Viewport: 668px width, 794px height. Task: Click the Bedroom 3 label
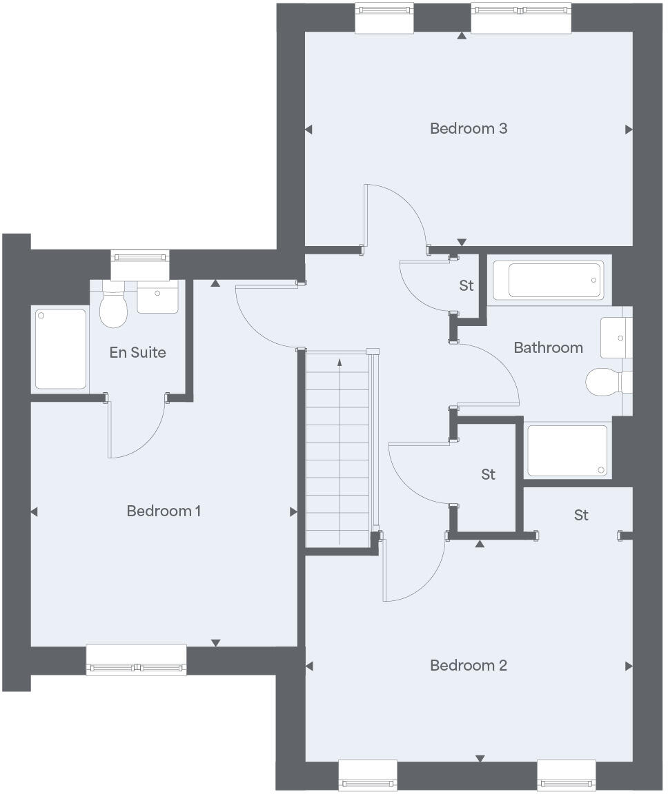[469, 128]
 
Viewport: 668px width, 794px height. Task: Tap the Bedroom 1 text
[164, 511]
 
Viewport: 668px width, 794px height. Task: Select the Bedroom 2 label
[469, 665]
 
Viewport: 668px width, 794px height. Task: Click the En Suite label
[138, 352]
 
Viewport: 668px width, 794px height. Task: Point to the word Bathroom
[548, 347]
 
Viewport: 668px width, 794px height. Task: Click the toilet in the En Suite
[114, 308]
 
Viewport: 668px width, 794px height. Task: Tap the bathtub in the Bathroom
[556, 281]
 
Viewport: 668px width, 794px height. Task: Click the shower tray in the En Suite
[61, 349]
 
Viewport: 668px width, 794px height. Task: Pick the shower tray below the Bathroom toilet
[567, 451]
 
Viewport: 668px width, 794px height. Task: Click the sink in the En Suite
[158, 296]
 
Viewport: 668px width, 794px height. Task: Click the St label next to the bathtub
[466, 285]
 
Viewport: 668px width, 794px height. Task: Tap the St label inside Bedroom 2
[581, 515]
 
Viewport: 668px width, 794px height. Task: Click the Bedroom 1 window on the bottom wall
[137, 660]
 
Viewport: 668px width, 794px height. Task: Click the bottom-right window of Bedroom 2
[566, 774]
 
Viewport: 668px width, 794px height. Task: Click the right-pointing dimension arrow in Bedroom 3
[629, 129]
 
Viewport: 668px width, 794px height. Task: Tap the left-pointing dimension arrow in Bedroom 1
[34, 511]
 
